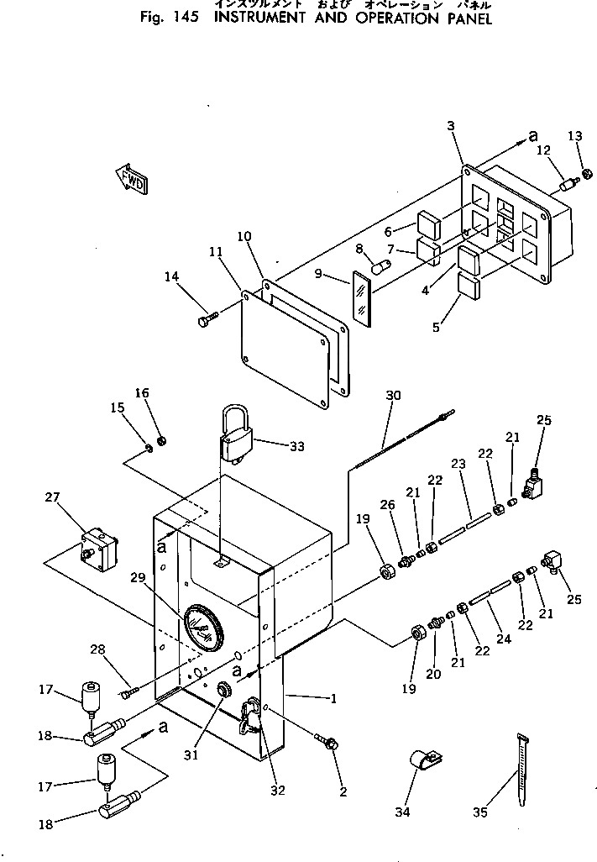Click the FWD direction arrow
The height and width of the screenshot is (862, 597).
[130, 179]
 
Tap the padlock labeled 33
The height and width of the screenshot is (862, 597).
[236, 437]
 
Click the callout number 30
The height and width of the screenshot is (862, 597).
[394, 395]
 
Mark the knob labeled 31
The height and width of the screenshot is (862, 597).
[224, 690]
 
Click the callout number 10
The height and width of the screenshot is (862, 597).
[244, 238]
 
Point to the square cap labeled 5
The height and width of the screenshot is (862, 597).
[469, 286]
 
